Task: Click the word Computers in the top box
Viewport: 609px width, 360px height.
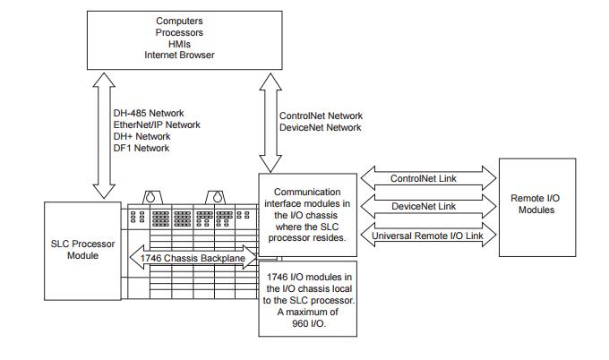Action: (180, 20)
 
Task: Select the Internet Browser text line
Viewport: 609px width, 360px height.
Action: (180, 55)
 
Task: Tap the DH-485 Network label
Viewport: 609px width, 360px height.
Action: (149, 114)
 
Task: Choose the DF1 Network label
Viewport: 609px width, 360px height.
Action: (142, 149)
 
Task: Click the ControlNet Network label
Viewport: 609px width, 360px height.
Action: (321, 116)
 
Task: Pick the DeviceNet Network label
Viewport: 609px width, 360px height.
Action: (320, 128)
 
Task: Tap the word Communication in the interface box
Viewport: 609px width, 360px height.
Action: (306, 192)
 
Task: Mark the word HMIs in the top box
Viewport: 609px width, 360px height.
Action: (180, 43)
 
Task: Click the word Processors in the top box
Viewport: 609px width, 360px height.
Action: (180, 31)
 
